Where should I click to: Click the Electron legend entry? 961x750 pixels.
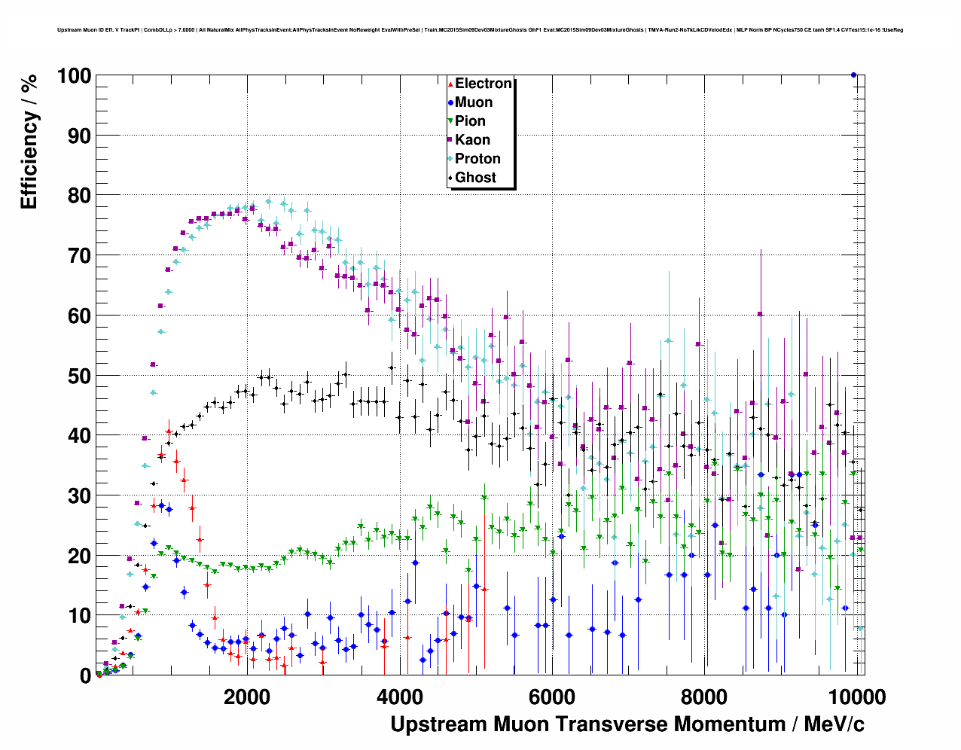tap(483, 84)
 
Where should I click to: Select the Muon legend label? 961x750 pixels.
tap(473, 102)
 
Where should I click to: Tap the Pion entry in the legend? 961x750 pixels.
tap(470, 121)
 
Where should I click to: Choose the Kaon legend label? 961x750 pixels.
tap(472, 140)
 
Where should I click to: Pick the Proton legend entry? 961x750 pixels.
tap(477, 159)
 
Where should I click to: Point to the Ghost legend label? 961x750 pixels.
tap(475, 178)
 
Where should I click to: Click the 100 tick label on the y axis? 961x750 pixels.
tap(74, 76)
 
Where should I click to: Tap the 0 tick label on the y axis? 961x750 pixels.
tap(85, 676)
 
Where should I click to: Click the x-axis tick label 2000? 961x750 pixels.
tap(247, 697)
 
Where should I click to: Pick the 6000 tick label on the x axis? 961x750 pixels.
tap(552, 697)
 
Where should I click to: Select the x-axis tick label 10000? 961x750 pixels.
tap(856, 697)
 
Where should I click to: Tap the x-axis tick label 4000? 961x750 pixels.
tap(399, 697)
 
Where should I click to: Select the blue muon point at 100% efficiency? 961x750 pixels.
tap(853, 75)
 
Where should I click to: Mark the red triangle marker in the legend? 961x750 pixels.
tap(450, 84)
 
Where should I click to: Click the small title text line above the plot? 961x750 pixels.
tap(480, 30)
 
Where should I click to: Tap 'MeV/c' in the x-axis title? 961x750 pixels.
tap(834, 724)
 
